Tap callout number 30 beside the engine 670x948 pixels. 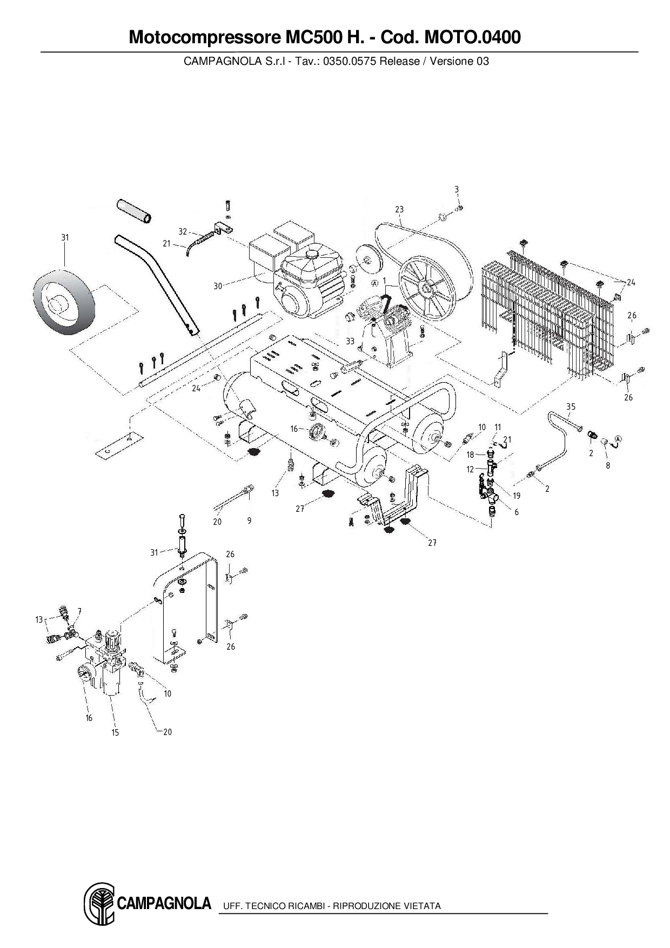[218, 286]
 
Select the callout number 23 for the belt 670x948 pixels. [399, 210]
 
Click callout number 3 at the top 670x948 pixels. [457, 190]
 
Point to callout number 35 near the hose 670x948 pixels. [571, 406]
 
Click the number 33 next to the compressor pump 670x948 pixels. [350, 341]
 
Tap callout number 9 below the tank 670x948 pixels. [249, 521]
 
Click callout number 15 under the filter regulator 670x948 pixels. [115, 732]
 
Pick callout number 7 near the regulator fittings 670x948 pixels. [79, 611]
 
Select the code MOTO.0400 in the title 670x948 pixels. [473, 37]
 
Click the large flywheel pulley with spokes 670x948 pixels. [425, 289]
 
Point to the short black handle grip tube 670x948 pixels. [134, 210]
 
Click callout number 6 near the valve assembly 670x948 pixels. [517, 512]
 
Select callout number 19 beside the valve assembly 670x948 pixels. [517, 496]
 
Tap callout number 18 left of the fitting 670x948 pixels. [470, 455]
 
